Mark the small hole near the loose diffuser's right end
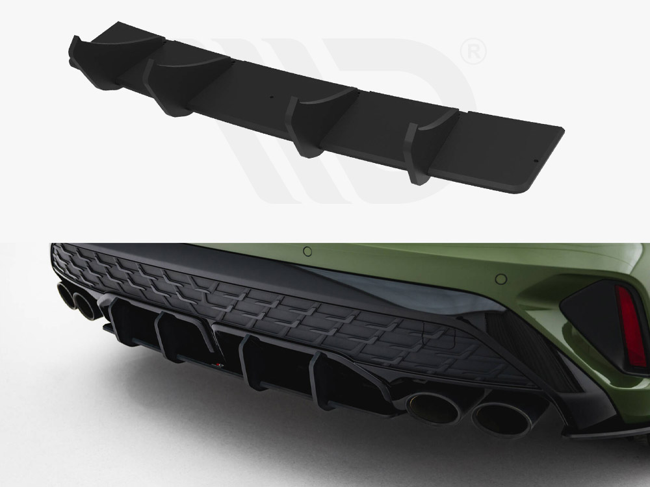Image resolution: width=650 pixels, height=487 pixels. (534, 160)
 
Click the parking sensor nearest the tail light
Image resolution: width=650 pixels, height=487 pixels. (501, 279)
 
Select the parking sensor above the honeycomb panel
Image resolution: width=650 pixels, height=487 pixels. (307, 251)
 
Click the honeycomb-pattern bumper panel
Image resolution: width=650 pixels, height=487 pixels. (273, 305)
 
